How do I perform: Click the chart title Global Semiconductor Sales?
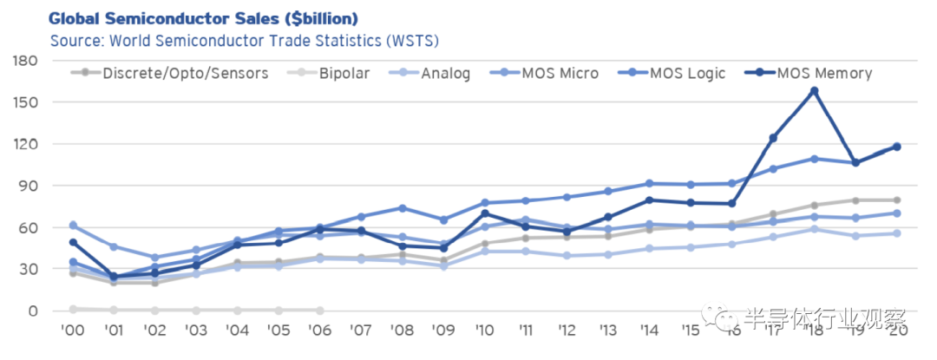coord(203,18)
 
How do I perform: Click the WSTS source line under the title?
coord(244,41)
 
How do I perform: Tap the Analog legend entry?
coord(445,73)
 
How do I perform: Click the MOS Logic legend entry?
coord(687,73)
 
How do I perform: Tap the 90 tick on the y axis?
coord(29,186)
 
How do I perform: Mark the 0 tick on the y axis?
coord(32,311)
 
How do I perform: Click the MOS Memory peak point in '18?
coord(814,90)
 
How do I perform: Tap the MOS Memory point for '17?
coord(773,138)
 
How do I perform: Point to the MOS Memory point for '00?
coord(73,242)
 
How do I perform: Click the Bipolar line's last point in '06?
coord(320,310)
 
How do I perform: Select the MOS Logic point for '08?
coord(403,208)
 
